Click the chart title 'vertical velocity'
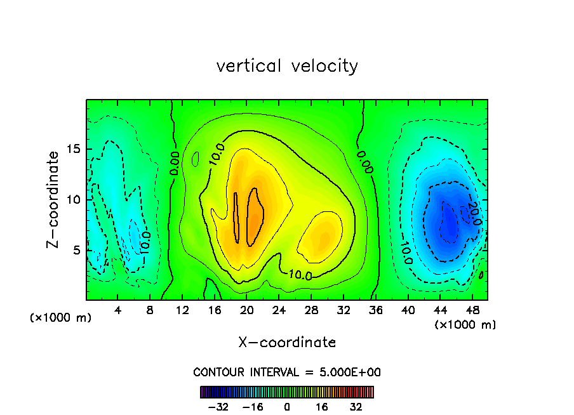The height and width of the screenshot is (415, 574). point(287,66)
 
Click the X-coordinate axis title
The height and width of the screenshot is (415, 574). point(287,343)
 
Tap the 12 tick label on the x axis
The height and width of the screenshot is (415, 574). point(182,310)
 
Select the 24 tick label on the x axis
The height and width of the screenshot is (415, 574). point(279,310)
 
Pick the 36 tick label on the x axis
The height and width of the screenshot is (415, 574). point(375,310)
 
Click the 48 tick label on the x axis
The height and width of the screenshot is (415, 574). point(472,310)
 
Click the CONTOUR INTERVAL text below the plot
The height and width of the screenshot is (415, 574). point(287,372)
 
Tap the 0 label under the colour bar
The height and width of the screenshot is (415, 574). point(287,407)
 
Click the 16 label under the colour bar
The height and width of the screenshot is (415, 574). point(322,407)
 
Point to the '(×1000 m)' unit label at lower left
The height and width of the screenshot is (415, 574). point(61,318)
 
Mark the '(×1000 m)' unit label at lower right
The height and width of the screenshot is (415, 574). point(465,325)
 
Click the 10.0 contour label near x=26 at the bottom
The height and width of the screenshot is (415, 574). point(300,275)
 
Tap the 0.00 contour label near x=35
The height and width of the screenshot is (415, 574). point(364,161)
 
